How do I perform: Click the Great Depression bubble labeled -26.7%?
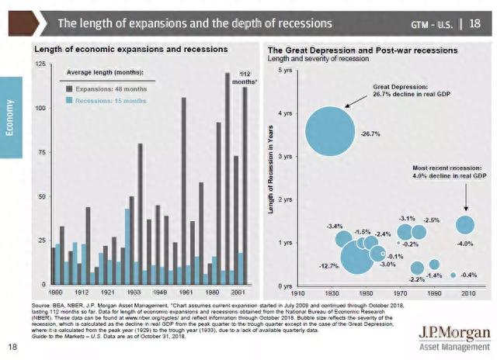tap(330, 133)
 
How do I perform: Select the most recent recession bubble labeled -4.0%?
tap(464, 224)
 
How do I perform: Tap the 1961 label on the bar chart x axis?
tap(183, 292)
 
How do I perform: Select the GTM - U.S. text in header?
tap(432, 24)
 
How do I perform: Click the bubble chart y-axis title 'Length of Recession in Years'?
tap(269, 178)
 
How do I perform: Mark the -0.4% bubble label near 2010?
tap(468, 275)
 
